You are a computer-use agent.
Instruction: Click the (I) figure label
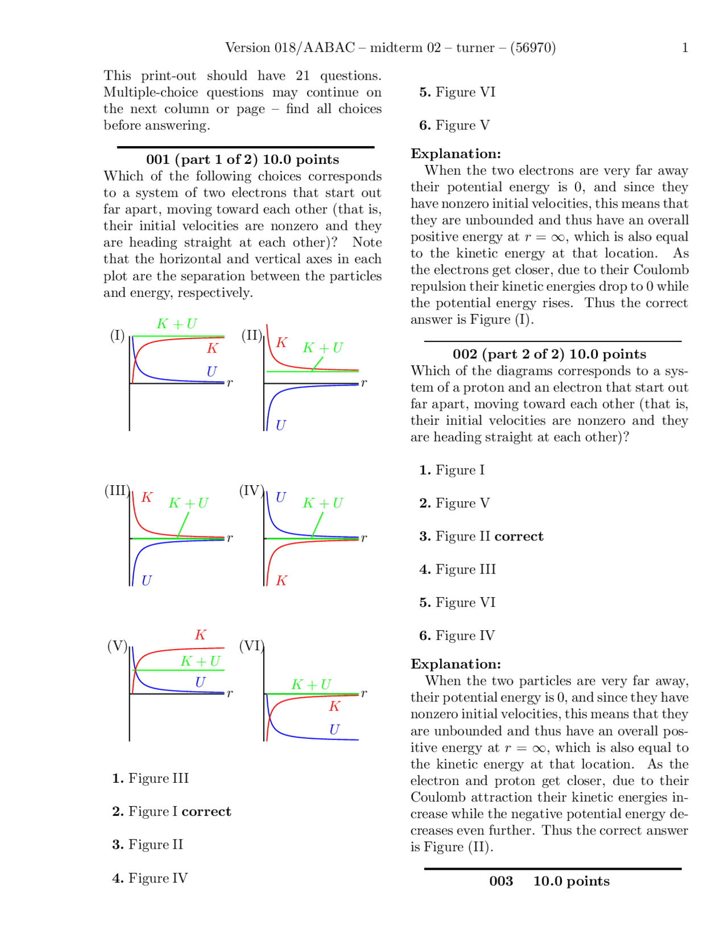tap(117, 335)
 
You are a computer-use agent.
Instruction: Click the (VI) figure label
tap(251, 646)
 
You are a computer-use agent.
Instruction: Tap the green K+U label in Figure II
tap(322, 348)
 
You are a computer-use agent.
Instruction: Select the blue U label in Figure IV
tap(280, 497)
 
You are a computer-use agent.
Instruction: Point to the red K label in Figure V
tap(200, 635)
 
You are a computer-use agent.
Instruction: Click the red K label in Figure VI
tap(334, 706)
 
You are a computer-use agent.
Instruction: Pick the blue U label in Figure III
tap(146, 581)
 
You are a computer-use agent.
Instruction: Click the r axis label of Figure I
tap(230, 383)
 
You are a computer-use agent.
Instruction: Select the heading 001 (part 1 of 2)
tap(242, 159)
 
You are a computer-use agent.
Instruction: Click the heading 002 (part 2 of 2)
tap(549, 354)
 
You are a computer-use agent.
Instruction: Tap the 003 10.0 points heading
tap(549, 881)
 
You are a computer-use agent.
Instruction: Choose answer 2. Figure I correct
tap(172, 811)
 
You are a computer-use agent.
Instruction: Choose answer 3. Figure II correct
tap(481, 536)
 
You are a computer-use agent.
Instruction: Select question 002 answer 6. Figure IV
tap(457, 635)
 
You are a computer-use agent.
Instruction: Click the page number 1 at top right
tap(685, 48)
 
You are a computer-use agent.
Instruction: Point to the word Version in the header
tap(248, 48)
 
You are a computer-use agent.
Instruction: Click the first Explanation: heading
tap(456, 154)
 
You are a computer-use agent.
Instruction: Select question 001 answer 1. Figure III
tap(151, 778)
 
